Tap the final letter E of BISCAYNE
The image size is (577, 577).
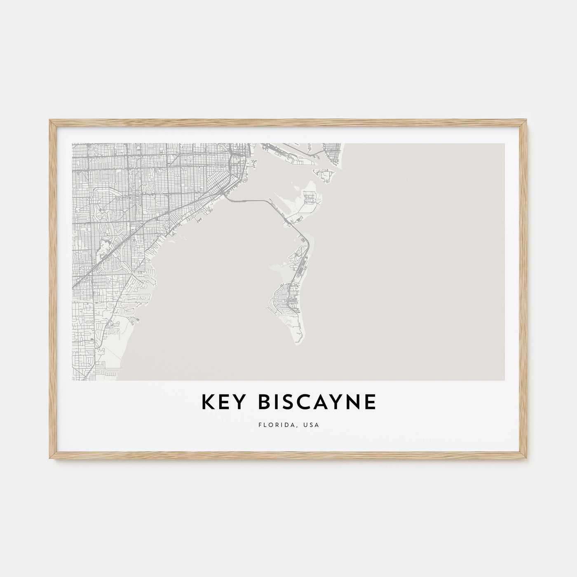(x=370, y=402)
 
